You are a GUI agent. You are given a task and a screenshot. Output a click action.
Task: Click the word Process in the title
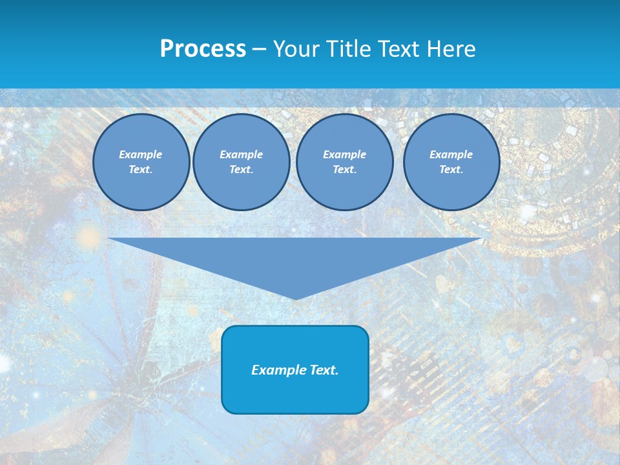pos(203,49)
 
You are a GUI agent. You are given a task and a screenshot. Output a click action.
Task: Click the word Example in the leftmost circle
pos(141,154)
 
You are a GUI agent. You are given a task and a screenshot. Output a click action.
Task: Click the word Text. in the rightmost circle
pos(451,169)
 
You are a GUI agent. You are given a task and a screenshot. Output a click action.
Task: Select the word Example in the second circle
pos(242,154)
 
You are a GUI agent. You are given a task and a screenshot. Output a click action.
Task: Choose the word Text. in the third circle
pos(345,169)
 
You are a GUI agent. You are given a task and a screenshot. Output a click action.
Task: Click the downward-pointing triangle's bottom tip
pos(296,298)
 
